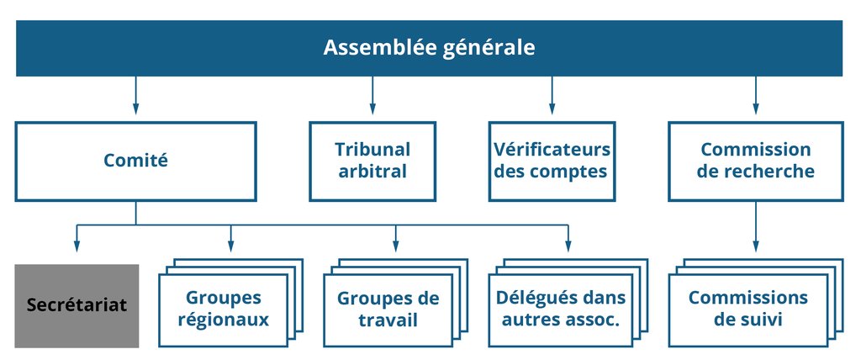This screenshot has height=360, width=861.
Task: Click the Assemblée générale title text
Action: pos(429,48)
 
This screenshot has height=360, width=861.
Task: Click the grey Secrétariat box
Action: pos(77,306)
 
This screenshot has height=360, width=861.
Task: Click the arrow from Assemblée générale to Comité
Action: pos(135,96)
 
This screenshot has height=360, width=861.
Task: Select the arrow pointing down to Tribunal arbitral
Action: pos(372,96)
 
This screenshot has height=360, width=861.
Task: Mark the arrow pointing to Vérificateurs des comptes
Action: pos(552,96)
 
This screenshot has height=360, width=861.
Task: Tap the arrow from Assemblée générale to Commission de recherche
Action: pos(756,96)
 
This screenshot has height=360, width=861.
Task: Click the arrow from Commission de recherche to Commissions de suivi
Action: pos(756,226)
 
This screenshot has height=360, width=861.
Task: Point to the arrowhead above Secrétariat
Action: pos(77,246)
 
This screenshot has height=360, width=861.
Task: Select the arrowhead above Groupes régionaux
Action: pos(230,246)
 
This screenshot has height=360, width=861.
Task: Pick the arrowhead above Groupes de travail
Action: pos(395,246)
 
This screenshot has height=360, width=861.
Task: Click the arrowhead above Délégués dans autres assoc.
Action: pos(568,246)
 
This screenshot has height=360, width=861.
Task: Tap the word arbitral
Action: pos(372,172)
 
